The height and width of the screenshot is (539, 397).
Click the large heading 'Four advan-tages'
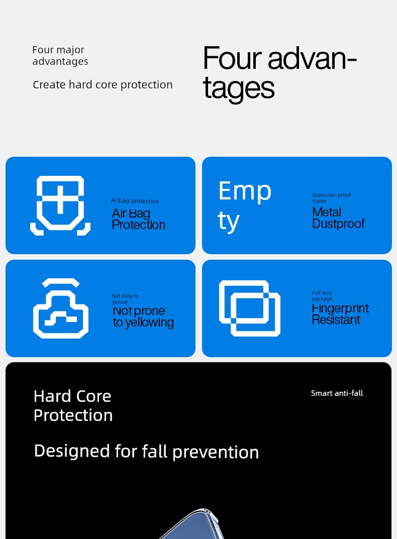coord(279,73)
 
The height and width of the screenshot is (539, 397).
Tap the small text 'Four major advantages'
coord(60,56)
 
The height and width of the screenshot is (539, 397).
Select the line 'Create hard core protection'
coord(103,84)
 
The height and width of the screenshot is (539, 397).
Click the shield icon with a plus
coord(60,205)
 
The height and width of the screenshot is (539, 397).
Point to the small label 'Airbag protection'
coord(135,201)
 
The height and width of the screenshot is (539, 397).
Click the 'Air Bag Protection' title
coord(138,219)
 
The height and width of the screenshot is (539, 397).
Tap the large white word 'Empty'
coord(245,205)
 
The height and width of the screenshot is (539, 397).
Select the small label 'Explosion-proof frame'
coord(332,197)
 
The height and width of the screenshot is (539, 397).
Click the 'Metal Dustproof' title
coord(338,218)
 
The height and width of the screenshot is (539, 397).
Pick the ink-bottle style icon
coord(60,308)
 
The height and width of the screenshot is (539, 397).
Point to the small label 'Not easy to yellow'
coord(125,299)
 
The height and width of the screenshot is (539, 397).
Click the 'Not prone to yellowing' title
coord(143,316)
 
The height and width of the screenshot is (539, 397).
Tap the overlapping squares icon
coord(249,308)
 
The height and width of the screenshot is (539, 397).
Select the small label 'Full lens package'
coord(322,296)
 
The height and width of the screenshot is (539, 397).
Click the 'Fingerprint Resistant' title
coord(340,314)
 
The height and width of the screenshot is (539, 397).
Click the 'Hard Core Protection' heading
coord(73,405)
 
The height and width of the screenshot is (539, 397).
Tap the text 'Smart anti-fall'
coord(337,393)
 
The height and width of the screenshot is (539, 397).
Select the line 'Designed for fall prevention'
coord(146,452)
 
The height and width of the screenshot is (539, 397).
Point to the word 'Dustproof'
coord(338,224)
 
